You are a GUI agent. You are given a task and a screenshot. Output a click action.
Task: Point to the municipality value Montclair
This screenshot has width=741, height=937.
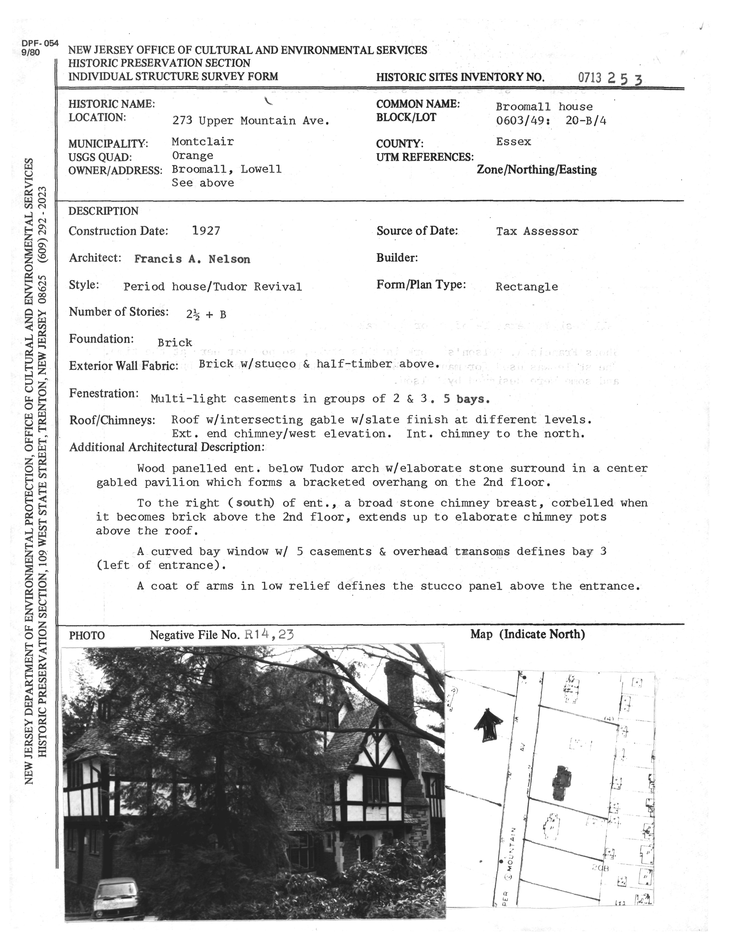click(203, 141)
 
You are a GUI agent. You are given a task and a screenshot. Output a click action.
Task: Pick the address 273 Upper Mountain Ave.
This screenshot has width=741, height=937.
click(251, 121)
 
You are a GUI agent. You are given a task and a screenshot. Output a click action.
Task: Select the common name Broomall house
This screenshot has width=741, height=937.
click(544, 107)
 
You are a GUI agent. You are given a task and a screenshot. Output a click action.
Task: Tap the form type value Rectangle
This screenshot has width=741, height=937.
click(527, 286)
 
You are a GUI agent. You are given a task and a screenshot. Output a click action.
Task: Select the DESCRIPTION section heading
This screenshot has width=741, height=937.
click(104, 211)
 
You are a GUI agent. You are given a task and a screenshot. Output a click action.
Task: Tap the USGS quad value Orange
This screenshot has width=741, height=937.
click(192, 155)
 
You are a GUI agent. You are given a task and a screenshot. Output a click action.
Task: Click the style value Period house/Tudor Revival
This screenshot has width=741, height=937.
click(213, 286)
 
